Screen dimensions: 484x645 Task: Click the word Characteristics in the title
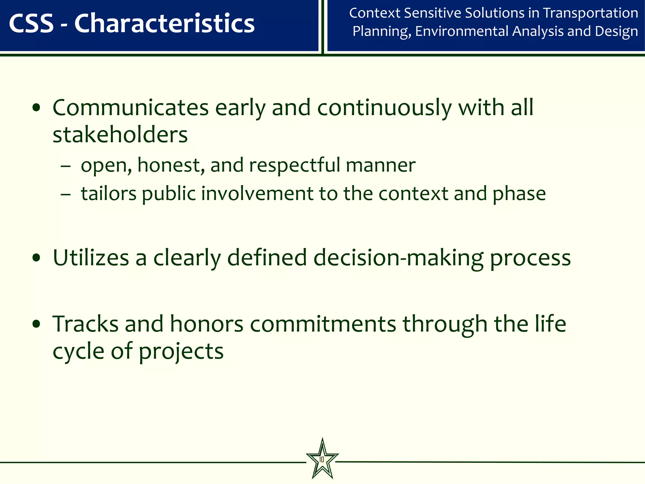pyautogui.click(x=164, y=24)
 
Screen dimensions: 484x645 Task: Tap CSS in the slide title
pyautogui.click(x=31, y=24)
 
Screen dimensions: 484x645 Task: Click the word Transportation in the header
pyautogui.click(x=591, y=13)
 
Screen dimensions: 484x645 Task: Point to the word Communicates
pyautogui.click(x=130, y=108)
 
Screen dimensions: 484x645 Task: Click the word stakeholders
pyautogui.click(x=120, y=135)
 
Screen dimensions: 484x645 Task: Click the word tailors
pyautogui.click(x=109, y=193)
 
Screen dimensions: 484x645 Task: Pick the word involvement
pyautogui.click(x=257, y=193)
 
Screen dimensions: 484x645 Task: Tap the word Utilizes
pyautogui.click(x=91, y=258)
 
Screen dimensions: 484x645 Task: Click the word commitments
pyautogui.click(x=323, y=325)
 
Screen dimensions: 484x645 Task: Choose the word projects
pyautogui.click(x=181, y=352)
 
